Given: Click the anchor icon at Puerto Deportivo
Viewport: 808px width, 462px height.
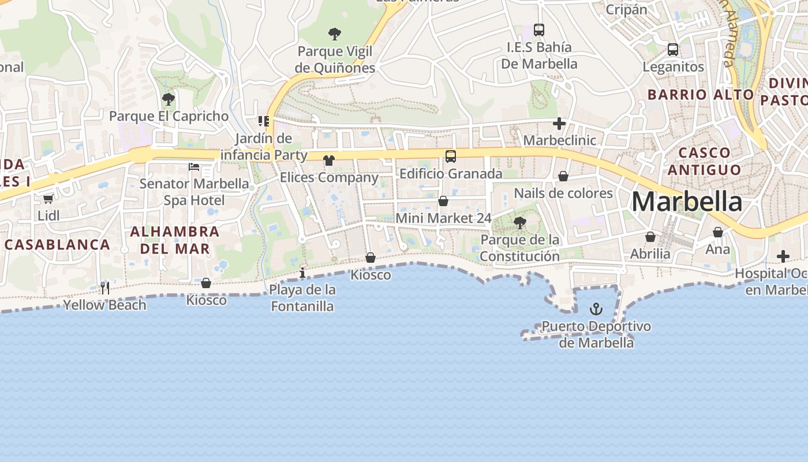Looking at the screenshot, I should pos(596,310).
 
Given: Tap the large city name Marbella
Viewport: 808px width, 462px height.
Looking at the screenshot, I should pos(687,202).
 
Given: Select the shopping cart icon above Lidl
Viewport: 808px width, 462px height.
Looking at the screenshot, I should pos(48,199).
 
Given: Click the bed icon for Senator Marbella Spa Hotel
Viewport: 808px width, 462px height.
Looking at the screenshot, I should pos(194,167).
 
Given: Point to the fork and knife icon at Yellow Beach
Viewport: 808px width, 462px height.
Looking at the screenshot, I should pos(105,288).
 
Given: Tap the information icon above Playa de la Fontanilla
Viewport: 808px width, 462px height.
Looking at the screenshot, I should pos(302,273).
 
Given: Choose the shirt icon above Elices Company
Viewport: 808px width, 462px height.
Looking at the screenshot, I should pos(329,160).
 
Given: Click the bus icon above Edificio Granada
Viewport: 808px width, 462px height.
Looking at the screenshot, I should pos(451,156).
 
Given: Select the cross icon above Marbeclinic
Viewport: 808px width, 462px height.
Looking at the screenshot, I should pos(559,124).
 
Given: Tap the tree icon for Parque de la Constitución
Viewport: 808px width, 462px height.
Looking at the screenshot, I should pos(519,222).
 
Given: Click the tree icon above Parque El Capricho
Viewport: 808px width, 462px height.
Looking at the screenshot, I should pos(169,99).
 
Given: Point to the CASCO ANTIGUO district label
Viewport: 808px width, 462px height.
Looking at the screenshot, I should pos(705,161).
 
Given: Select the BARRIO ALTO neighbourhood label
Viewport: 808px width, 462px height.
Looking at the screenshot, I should pos(701,95).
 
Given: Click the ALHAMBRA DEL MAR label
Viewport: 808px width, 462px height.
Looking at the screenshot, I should pos(175,240).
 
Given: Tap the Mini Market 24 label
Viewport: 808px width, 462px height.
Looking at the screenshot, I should pos(443,218).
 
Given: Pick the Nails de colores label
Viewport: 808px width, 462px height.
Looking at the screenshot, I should pos(563,193).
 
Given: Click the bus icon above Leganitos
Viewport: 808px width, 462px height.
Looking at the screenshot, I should pos(673,50).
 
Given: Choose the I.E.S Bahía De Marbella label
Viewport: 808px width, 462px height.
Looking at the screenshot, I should pos(539,55).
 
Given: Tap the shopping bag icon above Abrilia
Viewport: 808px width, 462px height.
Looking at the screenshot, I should pos(650,237).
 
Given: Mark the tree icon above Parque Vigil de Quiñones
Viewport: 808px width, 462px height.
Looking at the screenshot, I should pos(334,34).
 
